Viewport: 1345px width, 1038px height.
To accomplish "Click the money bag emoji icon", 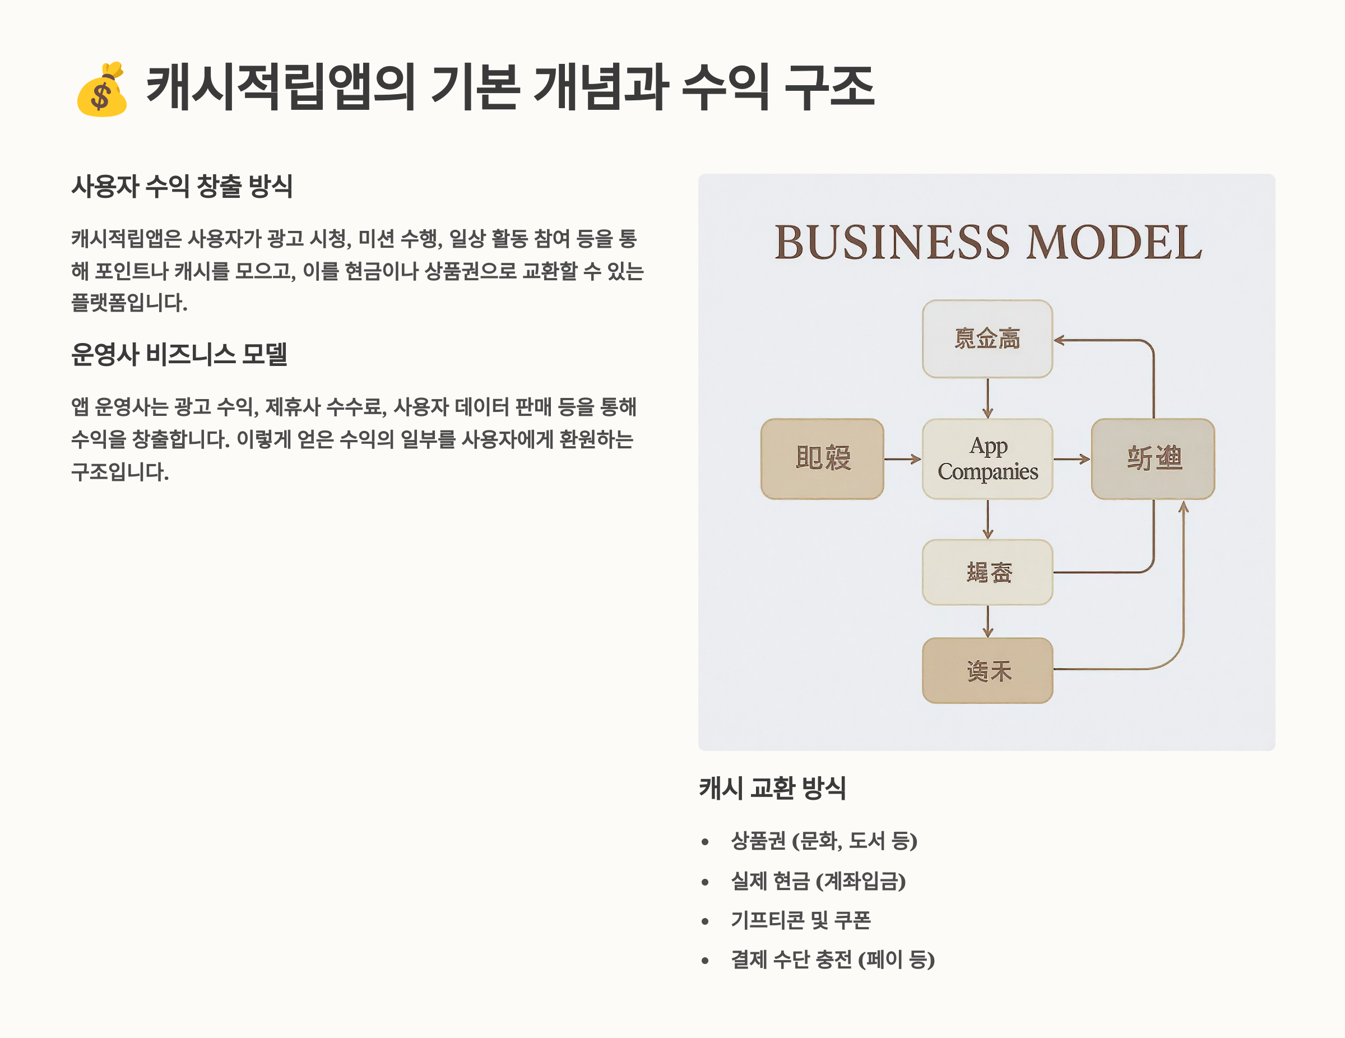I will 101,90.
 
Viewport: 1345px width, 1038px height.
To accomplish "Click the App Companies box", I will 987,459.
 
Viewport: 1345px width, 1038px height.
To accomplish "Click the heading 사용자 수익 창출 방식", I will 182,186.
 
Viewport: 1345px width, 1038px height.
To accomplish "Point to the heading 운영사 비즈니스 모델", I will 179,354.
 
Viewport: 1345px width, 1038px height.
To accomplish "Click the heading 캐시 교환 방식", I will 772,788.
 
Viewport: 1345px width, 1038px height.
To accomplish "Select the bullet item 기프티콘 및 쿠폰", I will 801,920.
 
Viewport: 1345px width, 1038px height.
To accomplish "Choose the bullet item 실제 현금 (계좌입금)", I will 818,881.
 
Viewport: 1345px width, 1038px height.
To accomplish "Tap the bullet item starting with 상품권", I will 823,841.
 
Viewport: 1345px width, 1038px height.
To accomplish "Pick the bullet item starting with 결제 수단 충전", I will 832,960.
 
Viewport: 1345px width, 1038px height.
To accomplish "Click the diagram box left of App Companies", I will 822,459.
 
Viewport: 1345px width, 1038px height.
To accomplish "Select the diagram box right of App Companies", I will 1152,459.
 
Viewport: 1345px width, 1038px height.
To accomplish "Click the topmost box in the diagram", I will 987,339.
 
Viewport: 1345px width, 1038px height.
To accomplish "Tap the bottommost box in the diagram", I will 987,670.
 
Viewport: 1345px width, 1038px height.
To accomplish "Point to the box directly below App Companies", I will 987,572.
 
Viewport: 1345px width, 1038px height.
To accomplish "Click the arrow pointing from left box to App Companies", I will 902,459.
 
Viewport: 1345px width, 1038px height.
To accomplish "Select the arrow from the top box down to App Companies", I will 988,398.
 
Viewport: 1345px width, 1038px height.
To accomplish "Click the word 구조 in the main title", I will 829,87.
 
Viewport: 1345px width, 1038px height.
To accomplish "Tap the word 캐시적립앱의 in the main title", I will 280,87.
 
